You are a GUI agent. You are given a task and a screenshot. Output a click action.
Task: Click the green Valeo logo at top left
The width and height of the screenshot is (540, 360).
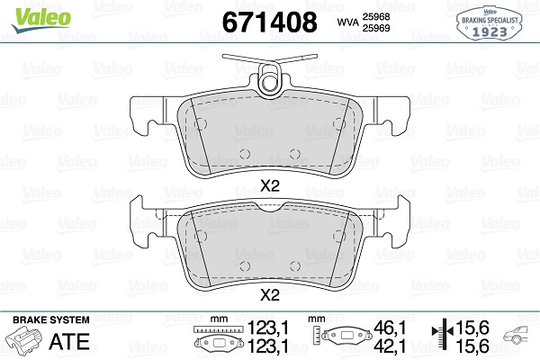point(40,20)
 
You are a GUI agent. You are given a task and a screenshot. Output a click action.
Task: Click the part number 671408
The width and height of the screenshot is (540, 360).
point(269,22)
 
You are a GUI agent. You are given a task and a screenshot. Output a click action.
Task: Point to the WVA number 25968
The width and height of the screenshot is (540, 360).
point(375,16)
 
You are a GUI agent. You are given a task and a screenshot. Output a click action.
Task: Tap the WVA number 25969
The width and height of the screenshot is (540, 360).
point(375,28)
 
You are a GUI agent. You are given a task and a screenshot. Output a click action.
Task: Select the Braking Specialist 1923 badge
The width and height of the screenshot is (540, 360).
point(489,23)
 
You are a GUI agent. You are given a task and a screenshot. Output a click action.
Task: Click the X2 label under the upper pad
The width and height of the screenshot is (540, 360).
point(270,186)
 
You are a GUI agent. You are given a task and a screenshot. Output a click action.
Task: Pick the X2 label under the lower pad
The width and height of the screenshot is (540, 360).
point(270,295)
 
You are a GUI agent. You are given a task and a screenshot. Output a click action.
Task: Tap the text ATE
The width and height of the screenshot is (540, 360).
point(69,341)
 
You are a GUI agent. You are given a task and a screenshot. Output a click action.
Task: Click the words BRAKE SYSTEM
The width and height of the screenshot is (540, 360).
point(51,319)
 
